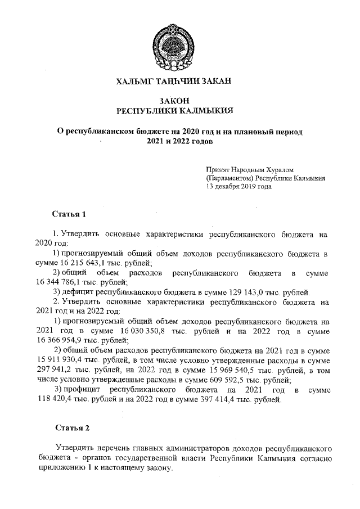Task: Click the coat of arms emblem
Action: (x=179, y=42)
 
